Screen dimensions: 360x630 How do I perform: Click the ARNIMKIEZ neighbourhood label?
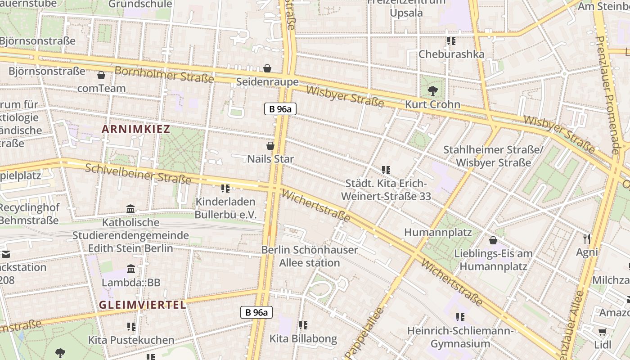click(x=136, y=130)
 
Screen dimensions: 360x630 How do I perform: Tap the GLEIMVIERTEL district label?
click(x=142, y=305)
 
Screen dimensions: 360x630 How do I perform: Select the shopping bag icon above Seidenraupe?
click(x=267, y=68)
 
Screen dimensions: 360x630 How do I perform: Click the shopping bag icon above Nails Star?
click(x=270, y=146)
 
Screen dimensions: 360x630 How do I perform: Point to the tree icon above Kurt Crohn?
click(x=432, y=91)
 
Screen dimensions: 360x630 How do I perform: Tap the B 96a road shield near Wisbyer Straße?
click(x=280, y=108)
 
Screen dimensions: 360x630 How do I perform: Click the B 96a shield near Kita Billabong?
click(x=256, y=312)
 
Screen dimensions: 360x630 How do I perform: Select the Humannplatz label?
click(x=438, y=232)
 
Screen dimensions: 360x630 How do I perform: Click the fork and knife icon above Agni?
click(x=586, y=238)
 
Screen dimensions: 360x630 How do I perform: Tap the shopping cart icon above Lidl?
click(x=603, y=332)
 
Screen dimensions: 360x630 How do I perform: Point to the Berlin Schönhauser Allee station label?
click(x=310, y=256)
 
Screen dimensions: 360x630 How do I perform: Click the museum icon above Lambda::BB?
click(x=131, y=269)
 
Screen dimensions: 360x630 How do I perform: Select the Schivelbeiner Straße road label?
click(x=138, y=174)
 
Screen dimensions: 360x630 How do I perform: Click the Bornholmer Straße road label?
click(x=164, y=75)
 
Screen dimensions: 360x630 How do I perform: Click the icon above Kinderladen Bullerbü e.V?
click(x=225, y=188)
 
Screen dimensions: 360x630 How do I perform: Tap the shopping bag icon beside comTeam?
click(x=101, y=75)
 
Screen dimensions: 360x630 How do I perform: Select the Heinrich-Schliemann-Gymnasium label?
click(x=460, y=337)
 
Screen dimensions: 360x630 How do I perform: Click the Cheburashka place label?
click(x=451, y=54)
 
